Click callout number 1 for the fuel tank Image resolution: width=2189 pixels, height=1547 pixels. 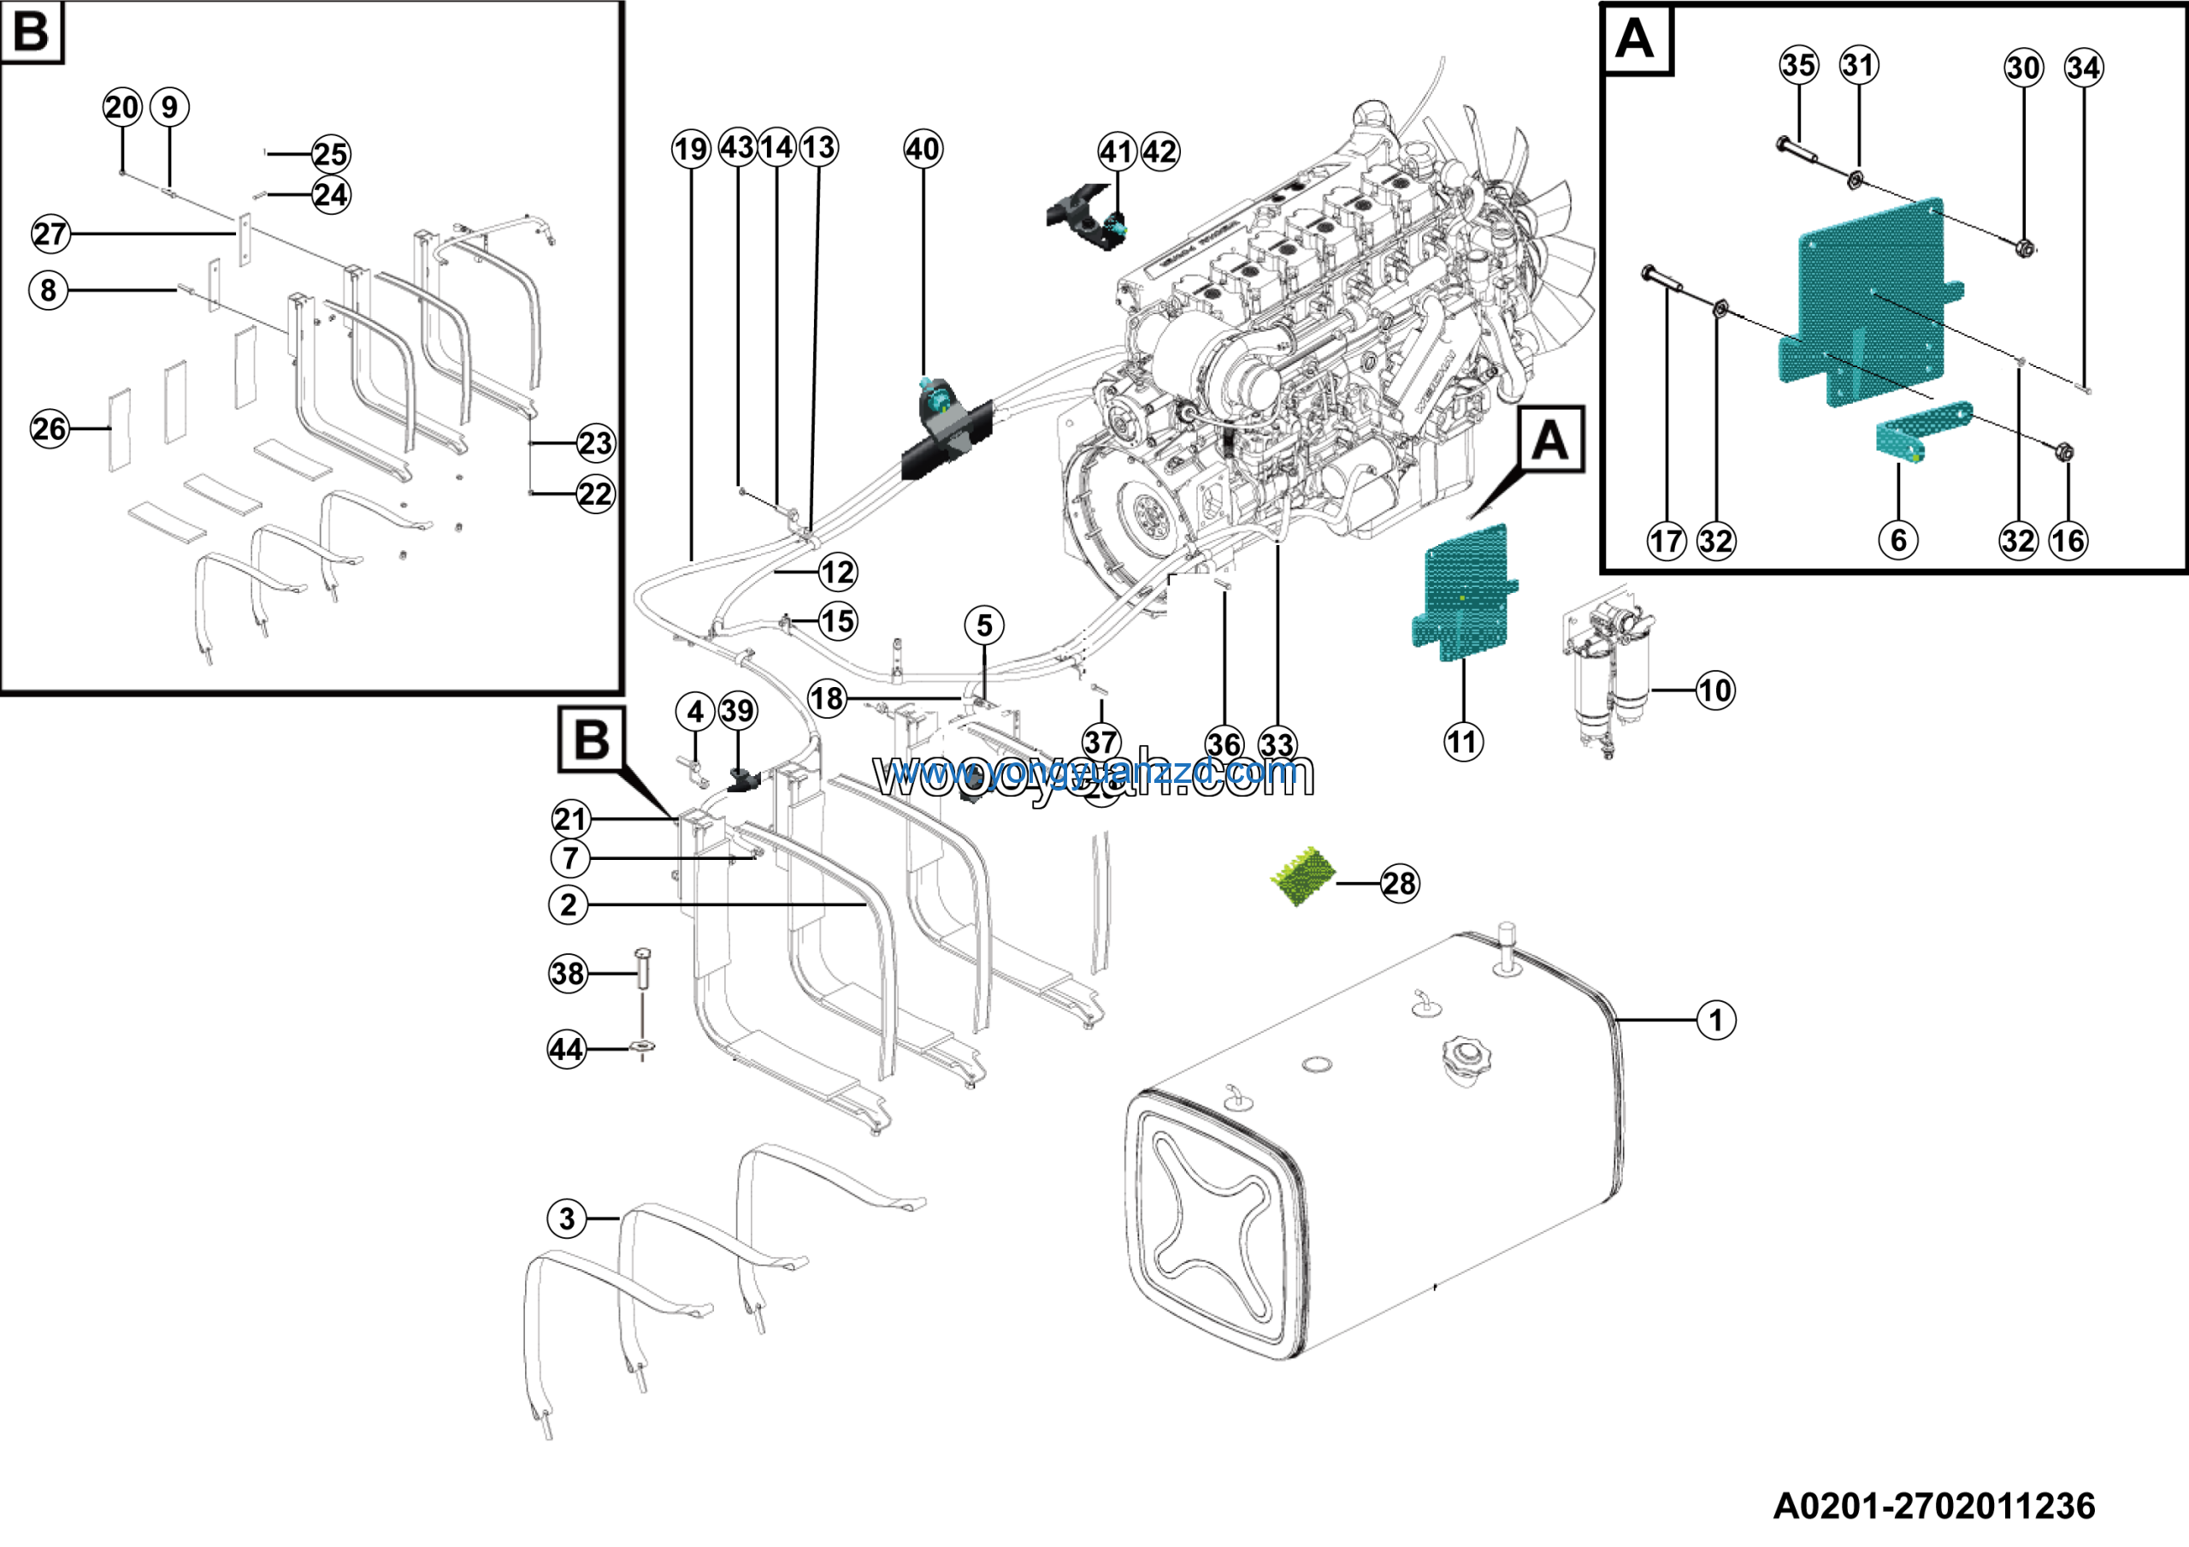[x=1715, y=1020]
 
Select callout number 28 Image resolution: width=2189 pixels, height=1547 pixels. [x=1399, y=883]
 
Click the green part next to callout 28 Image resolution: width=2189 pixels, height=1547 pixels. [x=1304, y=874]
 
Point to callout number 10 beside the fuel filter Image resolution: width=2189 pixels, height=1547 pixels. [x=1714, y=690]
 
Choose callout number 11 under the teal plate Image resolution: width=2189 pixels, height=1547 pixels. [x=1462, y=741]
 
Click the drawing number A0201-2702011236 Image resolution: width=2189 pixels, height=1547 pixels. [x=1933, y=1506]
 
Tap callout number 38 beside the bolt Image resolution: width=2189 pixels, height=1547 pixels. [x=569, y=973]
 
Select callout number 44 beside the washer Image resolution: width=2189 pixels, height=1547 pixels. [x=566, y=1049]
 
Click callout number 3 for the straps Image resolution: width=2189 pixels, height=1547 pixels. [x=567, y=1218]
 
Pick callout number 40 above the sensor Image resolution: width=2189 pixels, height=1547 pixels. [x=922, y=149]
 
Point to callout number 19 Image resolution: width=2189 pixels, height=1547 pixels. [x=690, y=149]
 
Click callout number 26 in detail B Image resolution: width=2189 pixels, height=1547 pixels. [x=50, y=428]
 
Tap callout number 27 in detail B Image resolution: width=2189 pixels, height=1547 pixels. [x=50, y=234]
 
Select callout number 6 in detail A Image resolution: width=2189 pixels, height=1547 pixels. [x=1897, y=540]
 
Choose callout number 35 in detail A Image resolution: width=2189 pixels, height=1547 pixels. [x=1798, y=65]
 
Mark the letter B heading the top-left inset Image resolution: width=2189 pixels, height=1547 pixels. [x=31, y=31]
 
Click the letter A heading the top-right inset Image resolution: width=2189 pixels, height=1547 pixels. [x=1635, y=39]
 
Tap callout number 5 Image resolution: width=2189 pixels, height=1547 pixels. [x=984, y=625]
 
